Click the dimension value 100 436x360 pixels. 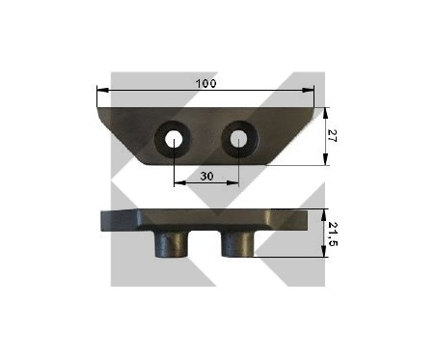tap(206, 84)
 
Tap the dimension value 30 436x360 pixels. tap(206, 176)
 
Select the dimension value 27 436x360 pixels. tap(332, 136)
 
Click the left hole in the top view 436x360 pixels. tap(174, 140)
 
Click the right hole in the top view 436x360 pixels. tap(238, 139)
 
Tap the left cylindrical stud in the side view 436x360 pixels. tap(172, 244)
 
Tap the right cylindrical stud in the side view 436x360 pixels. tap(237, 244)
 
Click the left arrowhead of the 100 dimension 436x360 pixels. tap(103, 91)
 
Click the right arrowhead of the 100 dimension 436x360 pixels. tap(308, 91)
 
